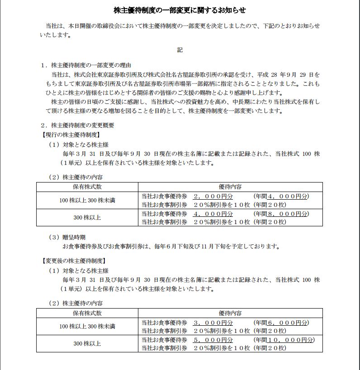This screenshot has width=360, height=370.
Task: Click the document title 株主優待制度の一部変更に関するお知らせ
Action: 180,10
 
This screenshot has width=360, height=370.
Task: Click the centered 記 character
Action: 180,50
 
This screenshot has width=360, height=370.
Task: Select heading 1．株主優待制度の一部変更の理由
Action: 86,65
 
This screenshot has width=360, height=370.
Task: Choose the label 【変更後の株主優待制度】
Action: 73,261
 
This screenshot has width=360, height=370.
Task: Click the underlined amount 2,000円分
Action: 213,197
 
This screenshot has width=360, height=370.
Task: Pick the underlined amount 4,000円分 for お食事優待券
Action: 213,214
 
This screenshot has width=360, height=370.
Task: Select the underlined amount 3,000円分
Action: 213,323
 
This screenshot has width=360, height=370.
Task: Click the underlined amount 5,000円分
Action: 213,340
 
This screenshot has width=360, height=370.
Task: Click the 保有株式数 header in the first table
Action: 87,187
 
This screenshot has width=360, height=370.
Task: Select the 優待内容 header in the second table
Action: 230,313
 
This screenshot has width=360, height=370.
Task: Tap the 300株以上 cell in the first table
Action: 87,218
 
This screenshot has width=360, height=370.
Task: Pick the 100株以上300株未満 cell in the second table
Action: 87,327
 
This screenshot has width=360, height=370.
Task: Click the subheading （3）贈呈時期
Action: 67,237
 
